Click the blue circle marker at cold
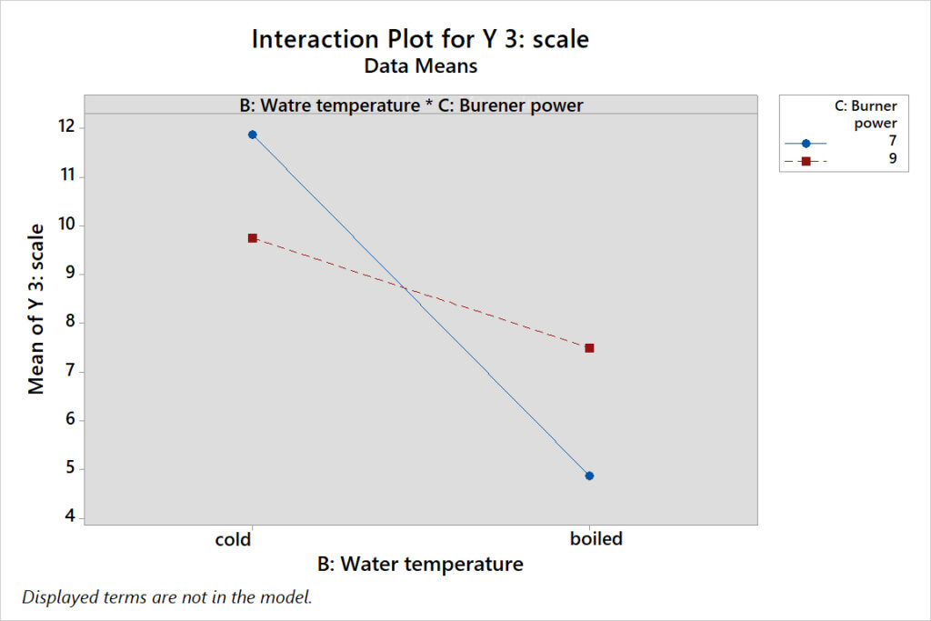(253, 135)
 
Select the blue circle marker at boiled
(589, 476)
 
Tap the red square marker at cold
(253, 237)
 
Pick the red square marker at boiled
(589, 347)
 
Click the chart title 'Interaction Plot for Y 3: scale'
(420, 40)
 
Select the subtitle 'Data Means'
(420, 65)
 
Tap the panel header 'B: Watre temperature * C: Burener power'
(411, 105)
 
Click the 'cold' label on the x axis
(233, 539)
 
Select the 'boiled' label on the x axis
(596, 539)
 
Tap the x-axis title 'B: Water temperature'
(420, 565)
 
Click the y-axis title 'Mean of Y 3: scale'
(36, 309)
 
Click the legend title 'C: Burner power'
(866, 115)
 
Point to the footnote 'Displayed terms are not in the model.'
(166, 597)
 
